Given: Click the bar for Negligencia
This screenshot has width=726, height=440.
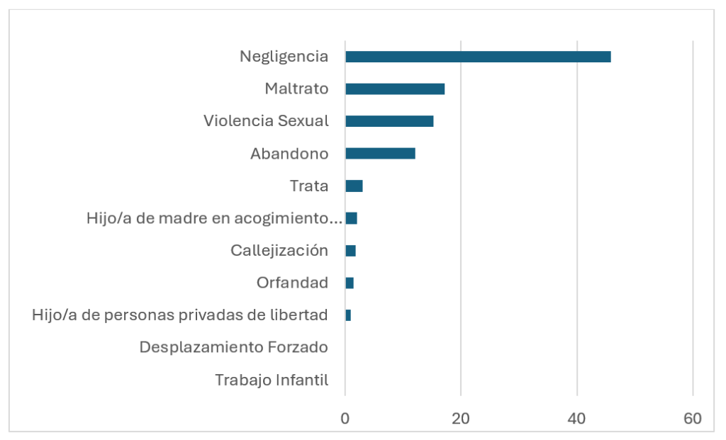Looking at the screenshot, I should [x=478, y=57].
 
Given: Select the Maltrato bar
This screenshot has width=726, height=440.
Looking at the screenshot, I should [x=395, y=89].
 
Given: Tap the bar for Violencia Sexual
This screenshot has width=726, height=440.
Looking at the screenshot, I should [x=389, y=121].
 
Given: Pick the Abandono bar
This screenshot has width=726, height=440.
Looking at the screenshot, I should [x=380, y=154].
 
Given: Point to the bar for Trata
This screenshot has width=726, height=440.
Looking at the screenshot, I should [x=354, y=186].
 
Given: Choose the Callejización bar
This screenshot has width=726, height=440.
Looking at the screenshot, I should [x=350, y=251].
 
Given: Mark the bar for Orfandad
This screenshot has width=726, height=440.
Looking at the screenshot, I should [x=350, y=283].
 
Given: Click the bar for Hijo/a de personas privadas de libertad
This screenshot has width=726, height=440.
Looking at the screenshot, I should [x=348, y=315].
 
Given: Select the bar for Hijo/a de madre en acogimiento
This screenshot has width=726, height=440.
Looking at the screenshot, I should [x=351, y=218].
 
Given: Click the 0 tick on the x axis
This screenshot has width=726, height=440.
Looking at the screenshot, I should [x=345, y=419].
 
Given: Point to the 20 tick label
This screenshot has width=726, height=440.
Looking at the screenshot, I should [x=461, y=419].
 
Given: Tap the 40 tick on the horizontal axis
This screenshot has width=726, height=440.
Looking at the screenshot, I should [x=577, y=419].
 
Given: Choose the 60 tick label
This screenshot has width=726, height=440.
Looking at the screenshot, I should [x=693, y=419].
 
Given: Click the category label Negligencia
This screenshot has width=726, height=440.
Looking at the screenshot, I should [x=284, y=57].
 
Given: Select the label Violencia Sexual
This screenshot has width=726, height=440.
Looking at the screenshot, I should [x=266, y=121].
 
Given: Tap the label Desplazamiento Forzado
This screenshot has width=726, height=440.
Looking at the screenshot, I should [x=234, y=348].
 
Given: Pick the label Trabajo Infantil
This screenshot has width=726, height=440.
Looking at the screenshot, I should [x=272, y=380].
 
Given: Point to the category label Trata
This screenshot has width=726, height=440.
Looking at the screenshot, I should [x=309, y=186].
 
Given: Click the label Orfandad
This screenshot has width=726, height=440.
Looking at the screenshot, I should [x=292, y=283].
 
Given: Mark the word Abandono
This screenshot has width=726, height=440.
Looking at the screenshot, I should [x=289, y=154].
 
